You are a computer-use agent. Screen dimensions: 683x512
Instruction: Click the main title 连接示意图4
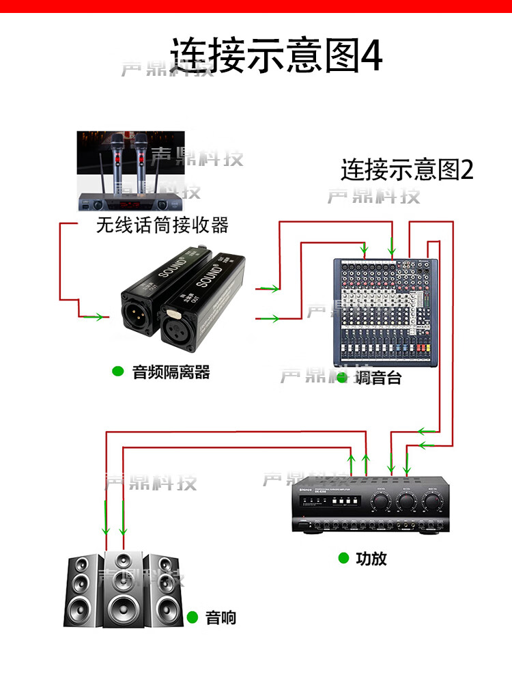click(276, 55)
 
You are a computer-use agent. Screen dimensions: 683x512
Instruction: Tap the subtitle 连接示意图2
click(407, 169)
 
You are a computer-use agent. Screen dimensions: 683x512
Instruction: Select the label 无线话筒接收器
click(162, 225)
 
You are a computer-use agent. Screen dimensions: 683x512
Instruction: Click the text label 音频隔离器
click(171, 372)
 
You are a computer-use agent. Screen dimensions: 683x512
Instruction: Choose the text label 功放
click(371, 558)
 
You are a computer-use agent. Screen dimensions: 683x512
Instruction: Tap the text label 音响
click(221, 617)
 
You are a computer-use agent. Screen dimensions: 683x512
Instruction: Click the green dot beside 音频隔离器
click(117, 372)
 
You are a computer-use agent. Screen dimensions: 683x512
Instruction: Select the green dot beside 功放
click(343, 558)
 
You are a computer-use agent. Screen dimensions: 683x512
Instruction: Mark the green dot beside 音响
click(193, 617)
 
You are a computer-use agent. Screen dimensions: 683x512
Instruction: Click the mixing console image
click(384, 311)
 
